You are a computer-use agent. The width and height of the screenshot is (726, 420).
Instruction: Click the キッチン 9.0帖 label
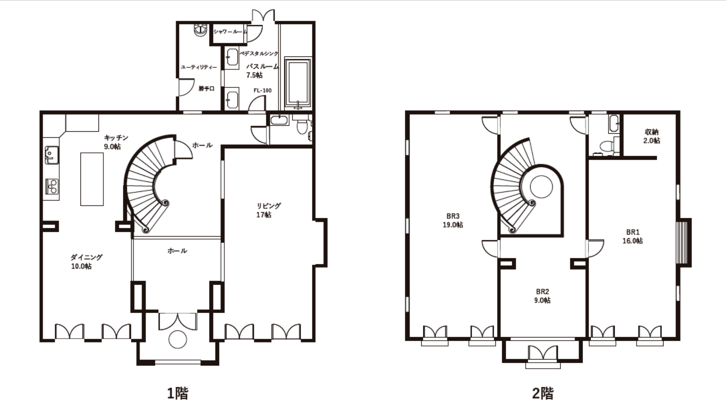pyautogui.click(x=116, y=142)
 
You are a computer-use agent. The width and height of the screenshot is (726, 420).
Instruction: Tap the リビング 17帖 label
pyautogui.click(x=268, y=210)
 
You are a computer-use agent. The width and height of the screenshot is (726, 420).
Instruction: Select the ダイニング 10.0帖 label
pyautogui.click(x=86, y=262)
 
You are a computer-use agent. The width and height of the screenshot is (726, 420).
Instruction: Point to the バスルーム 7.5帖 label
pyautogui.click(x=262, y=70)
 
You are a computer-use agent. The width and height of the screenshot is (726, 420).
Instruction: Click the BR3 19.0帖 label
pyautogui.click(x=453, y=221)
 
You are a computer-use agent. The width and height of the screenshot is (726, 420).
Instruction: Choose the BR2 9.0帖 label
pyautogui.click(x=542, y=296)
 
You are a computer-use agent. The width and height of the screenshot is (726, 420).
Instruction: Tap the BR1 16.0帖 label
pyautogui.click(x=633, y=236)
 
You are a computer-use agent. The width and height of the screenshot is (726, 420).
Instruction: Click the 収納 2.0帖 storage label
pyautogui.click(x=652, y=136)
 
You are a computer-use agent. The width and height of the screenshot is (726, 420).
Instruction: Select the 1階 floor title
pyautogui.click(x=177, y=393)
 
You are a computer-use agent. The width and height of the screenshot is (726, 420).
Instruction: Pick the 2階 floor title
pyautogui.click(x=543, y=393)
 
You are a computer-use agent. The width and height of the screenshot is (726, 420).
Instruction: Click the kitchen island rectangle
pyautogui.click(x=92, y=179)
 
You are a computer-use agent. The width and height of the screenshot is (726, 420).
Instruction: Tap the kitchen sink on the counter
pyautogui.click(x=52, y=155)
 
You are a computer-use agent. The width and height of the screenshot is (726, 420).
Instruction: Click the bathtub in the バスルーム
pyautogui.click(x=298, y=83)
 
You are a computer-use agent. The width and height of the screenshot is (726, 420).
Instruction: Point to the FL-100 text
pyautogui.click(x=262, y=90)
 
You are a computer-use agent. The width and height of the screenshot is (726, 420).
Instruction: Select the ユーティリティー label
pyautogui.click(x=199, y=67)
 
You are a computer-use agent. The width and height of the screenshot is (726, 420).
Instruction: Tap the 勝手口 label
pyautogui.click(x=206, y=88)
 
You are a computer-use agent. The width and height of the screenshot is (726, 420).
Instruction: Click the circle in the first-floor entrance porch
pyautogui.click(x=177, y=339)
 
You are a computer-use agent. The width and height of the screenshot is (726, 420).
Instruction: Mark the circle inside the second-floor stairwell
pyautogui.click(x=541, y=187)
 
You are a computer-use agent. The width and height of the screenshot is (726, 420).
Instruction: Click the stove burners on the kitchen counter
pyautogui.click(x=52, y=187)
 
